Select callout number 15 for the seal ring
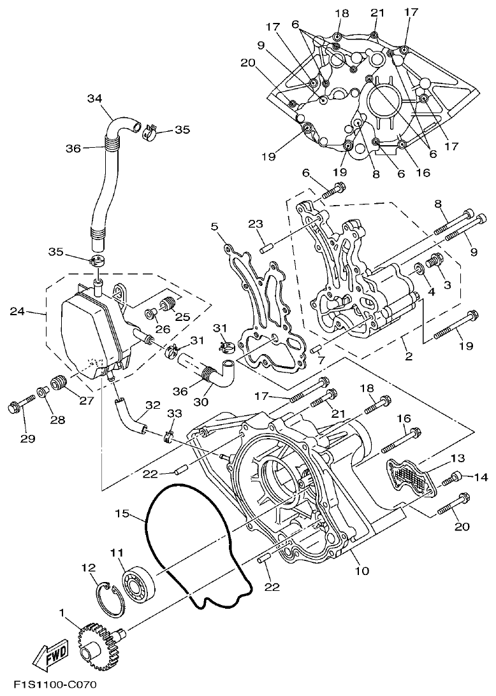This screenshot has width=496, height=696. pos(122,512)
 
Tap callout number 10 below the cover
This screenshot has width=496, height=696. pos(361,571)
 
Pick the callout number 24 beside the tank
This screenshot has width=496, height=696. pos(17,311)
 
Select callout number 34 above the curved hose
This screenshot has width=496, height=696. pos(94,98)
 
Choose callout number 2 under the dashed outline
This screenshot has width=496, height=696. pos(409,357)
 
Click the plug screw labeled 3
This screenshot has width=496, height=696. pos(435,260)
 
